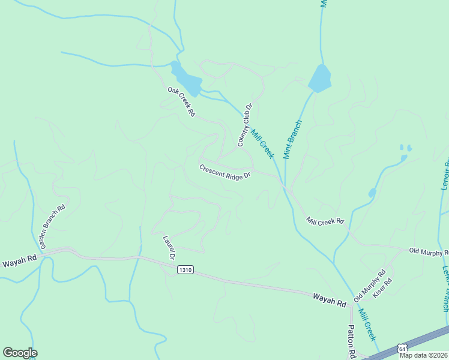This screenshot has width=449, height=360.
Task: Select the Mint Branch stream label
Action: [x=292, y=139]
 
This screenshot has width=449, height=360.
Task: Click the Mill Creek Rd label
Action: [x=325, y=221]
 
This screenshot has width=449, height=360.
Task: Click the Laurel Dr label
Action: [x=169, y=248]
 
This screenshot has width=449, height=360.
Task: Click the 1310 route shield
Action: [x=185, y=271]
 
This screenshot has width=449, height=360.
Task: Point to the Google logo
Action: [x=20, y=353]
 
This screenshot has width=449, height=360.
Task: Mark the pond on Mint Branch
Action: [x=319, y=79]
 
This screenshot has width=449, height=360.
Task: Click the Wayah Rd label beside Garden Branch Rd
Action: [x=19, y=262]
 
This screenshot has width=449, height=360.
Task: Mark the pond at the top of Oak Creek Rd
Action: [x=186, y=78]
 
